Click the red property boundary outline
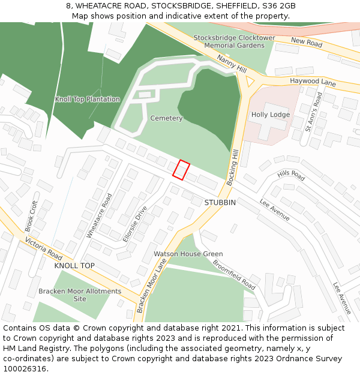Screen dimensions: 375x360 pyautogui.click(x=181, y=170)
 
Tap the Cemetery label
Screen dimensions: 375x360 pyautogui.click(x=166, y=118)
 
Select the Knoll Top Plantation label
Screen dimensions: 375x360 pyautogui.click(x=87, y=99)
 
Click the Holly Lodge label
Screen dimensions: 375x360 pyautogui.click(x=270, y=115)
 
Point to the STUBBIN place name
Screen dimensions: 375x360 pyautogui.click(x=220, y=203)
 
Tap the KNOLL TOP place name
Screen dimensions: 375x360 pyautogui.click(x=74, y=265)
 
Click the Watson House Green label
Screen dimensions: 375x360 pyautogui.click(x=188, y=254)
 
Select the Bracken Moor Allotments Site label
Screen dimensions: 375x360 pyautogui.click(x=80, y=295)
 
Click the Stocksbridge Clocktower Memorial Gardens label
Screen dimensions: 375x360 pyautogui.click(x=234, y=41)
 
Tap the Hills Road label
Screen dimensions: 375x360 pyautogui.click(x=291, y=175)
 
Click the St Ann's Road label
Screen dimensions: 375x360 pyautogui.click(x=314, y=112)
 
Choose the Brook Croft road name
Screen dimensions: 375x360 pyautogui.click(x=32, y=216)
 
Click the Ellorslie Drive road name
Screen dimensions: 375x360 pyautogui.click(x=135, y=224)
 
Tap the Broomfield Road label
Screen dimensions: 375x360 pyautogui.click(x=234, y=275)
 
